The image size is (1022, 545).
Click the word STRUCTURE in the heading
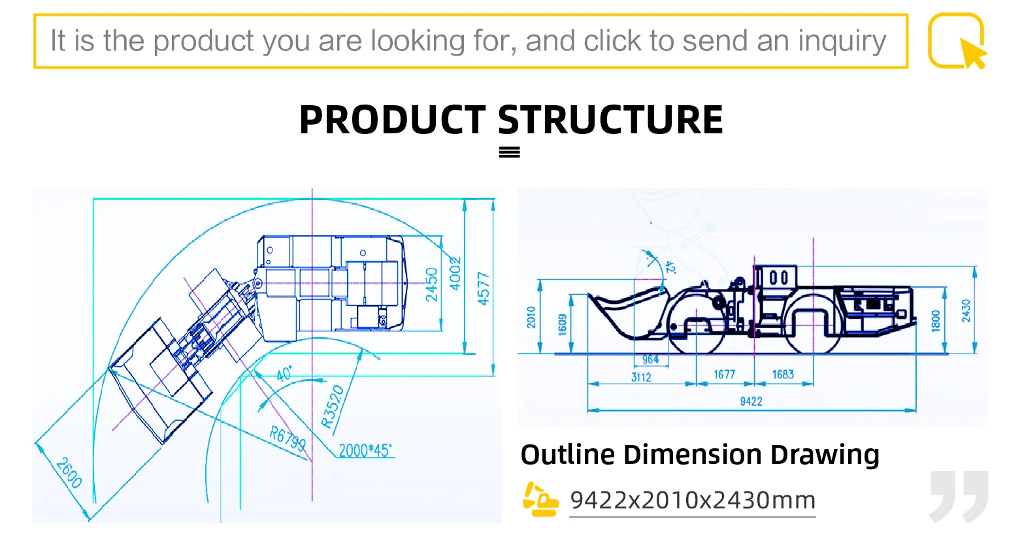click(x=610, y=120)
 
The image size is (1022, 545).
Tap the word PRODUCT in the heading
click(x=392, y=120)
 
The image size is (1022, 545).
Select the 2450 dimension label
click(x=432, y=285)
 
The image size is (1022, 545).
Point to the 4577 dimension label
click(x=484, y=288)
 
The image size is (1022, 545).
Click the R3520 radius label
click(x=333, y=407)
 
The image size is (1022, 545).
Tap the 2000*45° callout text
click(x=365, y=450)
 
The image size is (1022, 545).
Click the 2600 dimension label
click(x=69, y=472)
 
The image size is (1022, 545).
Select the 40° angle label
click(x=283, y=374)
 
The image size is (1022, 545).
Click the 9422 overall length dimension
click(x=751, y=401)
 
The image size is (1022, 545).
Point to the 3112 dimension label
click(x=641, y=377)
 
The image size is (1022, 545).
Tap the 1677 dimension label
click(x=724, y=374)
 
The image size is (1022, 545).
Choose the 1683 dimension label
click(x=783, y=374)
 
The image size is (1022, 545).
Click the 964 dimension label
click(x=650, y=360)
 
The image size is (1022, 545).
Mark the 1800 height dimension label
click(x=935, y=321)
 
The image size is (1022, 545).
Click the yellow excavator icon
click(x=540, y=500)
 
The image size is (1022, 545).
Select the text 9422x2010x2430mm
click(x=693, y=501)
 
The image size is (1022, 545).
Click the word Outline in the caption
click(x=567, y=455)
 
